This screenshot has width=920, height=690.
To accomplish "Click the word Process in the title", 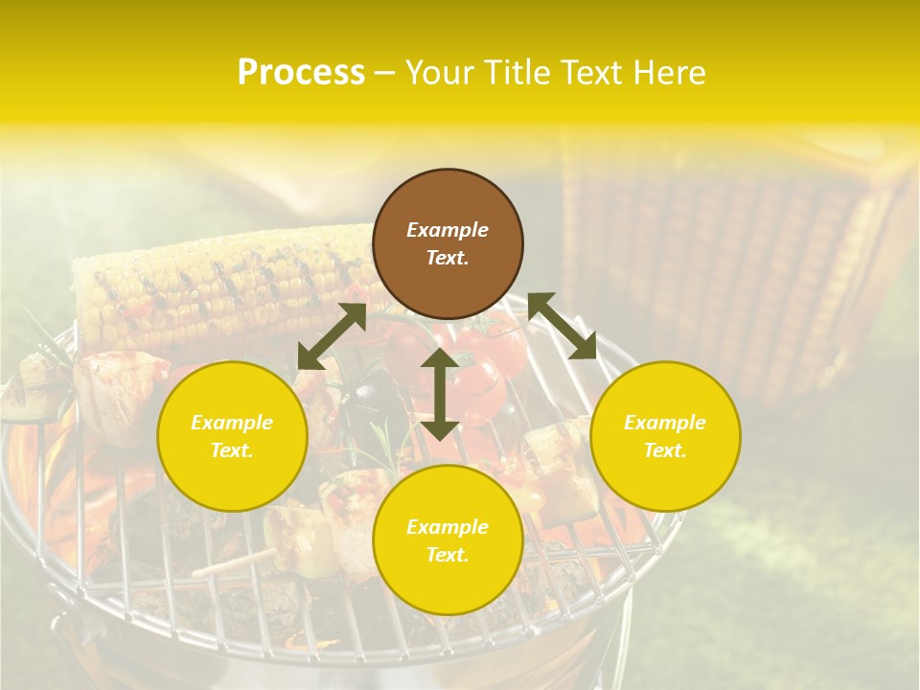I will (x=301, y=73).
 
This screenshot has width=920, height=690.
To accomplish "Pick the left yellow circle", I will (x=232, y=436).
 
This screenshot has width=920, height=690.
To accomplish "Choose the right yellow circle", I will (x=665, y=436).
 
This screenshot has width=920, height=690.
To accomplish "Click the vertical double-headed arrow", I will (x=439, y=394).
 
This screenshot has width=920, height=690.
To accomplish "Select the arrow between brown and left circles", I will (x=332, y=335).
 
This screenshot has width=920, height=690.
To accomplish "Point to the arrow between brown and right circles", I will (x=562, y=326).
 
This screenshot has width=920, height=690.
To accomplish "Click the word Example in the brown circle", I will (x=448, y=230).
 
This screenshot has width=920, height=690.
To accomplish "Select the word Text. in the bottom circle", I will (x=448, y=555).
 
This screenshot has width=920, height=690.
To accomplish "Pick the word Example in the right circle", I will (x=665, y=423).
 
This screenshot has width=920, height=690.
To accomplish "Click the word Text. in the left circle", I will (x=232, y=450).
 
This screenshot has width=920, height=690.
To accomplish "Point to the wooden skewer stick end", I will (x=206, y=571).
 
